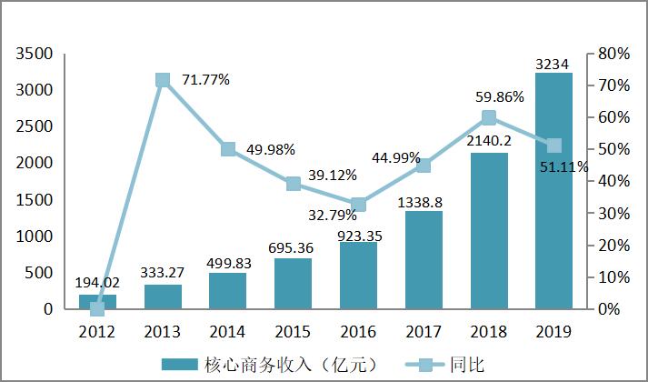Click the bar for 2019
click(x=553, y=191)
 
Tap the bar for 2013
click(x=163, y=297)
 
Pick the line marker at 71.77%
click(x=163, y=80)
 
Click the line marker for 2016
click(x=358, y=205)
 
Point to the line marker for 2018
click(x=488, y=117)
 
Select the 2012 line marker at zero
click(x=97, y=308)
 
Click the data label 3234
click(x=553, y=64)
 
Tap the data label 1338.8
click(x=424, y=201)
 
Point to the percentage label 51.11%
click(x=564, y=166)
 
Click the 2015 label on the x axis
click(x=293, y=331)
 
